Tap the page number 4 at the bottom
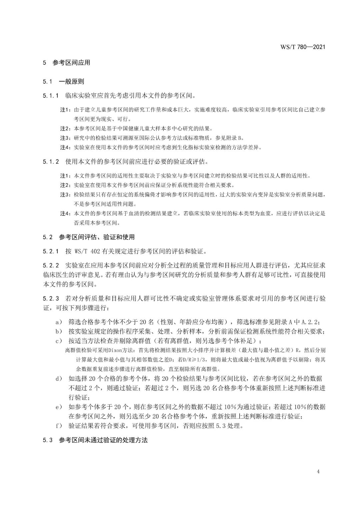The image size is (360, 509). pos(318,472)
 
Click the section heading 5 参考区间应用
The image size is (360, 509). pos(66,63)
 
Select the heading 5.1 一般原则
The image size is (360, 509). pos(63,81)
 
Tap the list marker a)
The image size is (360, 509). pos(59,322)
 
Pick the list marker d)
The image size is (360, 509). pos(59,379)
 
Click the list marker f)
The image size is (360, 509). pos(59,426)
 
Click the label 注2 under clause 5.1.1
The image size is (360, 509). pos(65,128)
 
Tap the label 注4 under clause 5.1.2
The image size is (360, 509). pos(65,213)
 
